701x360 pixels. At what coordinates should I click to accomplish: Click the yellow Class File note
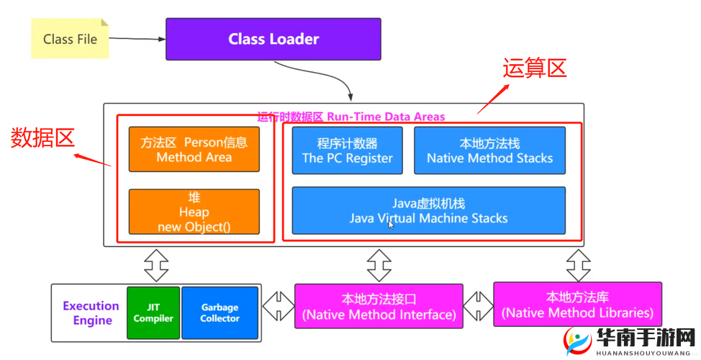(x=70, y=39)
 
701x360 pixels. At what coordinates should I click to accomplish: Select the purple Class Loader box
(x=273, y=39)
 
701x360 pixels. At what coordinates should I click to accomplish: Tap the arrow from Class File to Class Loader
(x=137, y=39)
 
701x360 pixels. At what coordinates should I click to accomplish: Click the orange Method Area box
(x=194, y=150)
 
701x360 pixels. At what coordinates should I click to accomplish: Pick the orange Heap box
(x=194, y=212)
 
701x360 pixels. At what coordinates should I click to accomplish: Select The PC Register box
(x=347, y=150)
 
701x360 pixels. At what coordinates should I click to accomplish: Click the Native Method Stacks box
(x=489, y=150)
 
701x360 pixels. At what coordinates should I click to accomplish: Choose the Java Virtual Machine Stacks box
(x=428, y=210)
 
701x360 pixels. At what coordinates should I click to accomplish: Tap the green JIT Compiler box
(x=153, y=312)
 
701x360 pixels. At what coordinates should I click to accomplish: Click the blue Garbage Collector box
(x=220, y=312)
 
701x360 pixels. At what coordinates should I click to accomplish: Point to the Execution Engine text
(x=91, y=313)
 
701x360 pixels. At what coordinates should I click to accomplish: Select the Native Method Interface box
(x=379, y=307)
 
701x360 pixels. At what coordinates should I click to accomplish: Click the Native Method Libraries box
(x=577, y=305)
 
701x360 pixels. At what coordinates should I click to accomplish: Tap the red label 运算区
(x=534, y=68)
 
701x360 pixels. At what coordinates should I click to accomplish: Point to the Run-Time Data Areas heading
(x=351, y=117)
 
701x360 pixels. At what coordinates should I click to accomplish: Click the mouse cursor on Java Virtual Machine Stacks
(x=391, y=225)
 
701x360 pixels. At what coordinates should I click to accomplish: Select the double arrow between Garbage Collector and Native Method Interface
(x=278, y=307)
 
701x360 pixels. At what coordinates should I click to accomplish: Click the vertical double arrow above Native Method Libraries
(x=578, y=265)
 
